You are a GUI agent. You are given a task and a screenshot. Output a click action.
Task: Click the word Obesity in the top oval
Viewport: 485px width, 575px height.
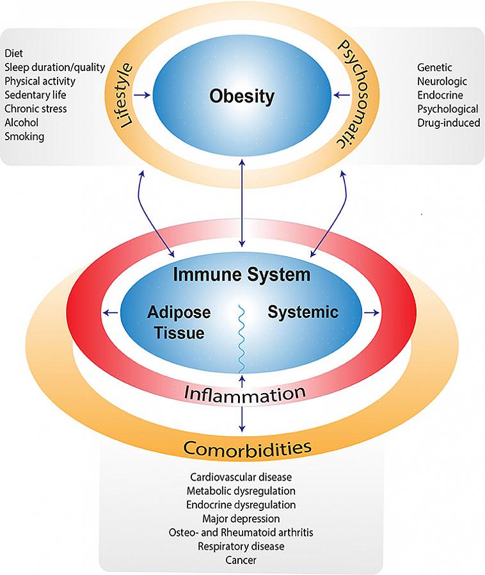(x=242, y=97)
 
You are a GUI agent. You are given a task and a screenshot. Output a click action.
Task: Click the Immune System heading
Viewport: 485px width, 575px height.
(x=242, y=275)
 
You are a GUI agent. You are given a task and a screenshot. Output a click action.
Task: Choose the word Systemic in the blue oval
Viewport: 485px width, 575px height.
(x=303, y=312)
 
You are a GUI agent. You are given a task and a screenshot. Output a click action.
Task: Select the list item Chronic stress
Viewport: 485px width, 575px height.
(x=35, y=108)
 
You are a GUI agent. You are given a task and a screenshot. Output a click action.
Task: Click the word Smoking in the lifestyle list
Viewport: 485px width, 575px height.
(x=24, y=136)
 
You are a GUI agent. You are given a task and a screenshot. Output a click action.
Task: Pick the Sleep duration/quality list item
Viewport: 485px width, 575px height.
(x=54, y=67)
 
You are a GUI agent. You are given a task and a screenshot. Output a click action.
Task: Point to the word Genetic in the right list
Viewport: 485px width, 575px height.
(x=434, y=67)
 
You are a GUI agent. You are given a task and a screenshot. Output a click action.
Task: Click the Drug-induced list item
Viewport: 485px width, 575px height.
(x=449, y=122)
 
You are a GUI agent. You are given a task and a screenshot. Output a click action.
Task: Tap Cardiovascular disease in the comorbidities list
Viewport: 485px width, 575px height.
(x=241, y=476)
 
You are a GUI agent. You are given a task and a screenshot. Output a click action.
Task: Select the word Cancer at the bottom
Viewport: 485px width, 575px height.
(x=241, y=560)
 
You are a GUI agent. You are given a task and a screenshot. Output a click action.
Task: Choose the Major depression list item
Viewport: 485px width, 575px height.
(x=241, y=518)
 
